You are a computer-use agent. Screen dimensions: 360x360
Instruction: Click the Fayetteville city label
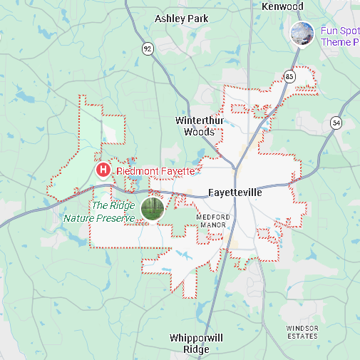235,192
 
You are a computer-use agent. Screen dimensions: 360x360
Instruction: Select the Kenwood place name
282,6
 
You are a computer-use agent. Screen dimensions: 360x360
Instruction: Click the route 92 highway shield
148,48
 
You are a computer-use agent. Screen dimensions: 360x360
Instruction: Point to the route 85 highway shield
289,76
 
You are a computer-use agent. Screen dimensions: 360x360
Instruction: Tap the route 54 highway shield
336,123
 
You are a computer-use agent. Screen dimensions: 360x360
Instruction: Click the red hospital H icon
103,170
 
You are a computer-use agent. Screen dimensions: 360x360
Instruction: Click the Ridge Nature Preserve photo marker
152,208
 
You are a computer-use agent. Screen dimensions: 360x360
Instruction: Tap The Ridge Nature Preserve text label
100,212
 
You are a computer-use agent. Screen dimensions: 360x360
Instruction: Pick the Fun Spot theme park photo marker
302,34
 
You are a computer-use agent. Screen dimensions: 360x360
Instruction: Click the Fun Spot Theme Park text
339,36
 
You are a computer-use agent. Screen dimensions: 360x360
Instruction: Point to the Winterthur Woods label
199,125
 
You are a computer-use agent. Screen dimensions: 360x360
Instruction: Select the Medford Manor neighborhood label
212,220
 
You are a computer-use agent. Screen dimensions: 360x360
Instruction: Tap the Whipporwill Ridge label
196,343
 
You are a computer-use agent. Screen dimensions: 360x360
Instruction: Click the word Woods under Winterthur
199,132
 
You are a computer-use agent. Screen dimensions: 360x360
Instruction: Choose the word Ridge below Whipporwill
196,349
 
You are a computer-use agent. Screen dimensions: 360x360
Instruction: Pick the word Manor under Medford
212,225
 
